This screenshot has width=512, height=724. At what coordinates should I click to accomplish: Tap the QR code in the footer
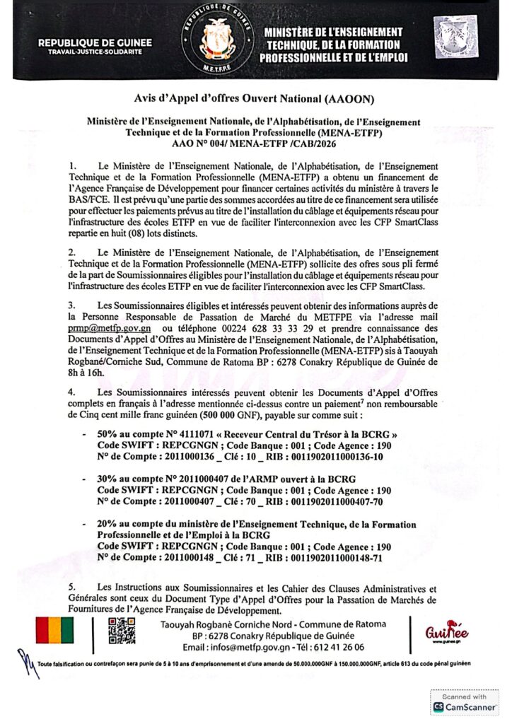click(x=121, y=631)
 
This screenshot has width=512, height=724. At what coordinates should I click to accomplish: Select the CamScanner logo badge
click(x=464, y=701)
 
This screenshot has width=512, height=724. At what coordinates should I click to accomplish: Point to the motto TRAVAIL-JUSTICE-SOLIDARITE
click(x=95, y=53)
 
